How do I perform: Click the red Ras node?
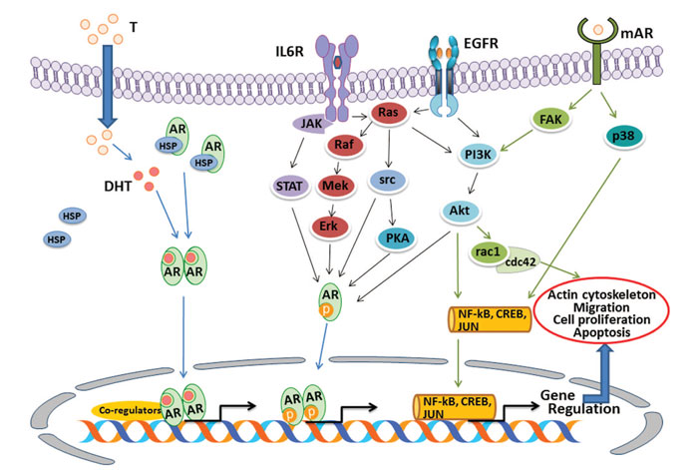388,113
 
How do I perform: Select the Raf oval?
345,145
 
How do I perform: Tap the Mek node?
335,186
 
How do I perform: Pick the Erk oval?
329,226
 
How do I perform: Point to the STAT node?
290,186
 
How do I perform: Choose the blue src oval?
387,180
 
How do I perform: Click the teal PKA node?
396,237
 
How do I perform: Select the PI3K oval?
479,154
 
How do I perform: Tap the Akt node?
461,210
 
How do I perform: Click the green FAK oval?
551,119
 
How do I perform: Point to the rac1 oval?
489,252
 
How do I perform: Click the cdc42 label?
520,262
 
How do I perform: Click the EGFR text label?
481,44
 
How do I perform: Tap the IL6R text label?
289,52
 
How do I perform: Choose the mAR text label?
636,33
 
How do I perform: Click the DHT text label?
118,187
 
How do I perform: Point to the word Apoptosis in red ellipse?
602,332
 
